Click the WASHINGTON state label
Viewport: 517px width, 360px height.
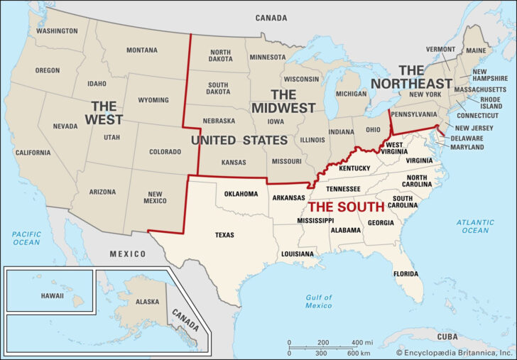(57, 31)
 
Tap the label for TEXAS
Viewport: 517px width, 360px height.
(224, 235)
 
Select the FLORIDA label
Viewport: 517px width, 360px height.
(406, 273)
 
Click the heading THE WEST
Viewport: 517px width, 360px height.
(104, 113)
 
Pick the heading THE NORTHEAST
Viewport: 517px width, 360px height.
(424, 77)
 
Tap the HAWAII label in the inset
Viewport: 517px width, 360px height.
(51, 295)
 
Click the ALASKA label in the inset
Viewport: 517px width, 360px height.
(147, 302)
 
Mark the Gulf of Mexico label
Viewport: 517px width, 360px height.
(319, 301)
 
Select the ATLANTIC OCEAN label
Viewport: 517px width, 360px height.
(474, 227)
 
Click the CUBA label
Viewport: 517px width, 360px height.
(447, 336)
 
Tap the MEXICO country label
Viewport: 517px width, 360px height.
(127, 253)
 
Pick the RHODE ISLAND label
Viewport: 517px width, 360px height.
(491, 102)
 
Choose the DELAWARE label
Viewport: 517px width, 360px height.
(467, 138)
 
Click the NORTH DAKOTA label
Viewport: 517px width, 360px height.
(220, 57)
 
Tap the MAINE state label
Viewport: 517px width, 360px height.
(477, 50)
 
